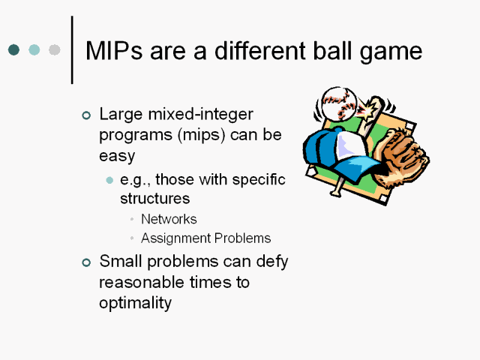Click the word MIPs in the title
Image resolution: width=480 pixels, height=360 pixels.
114,50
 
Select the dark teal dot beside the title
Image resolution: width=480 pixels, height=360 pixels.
13,49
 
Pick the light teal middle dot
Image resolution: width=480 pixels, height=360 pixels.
34,49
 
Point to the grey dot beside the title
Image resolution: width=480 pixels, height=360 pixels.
55,49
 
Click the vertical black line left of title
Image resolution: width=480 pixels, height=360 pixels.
72,50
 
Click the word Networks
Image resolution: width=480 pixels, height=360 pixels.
169,219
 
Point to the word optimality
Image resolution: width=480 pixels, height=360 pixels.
135,303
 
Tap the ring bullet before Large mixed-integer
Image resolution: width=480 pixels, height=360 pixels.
86,115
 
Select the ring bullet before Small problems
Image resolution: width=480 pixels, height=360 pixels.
86,262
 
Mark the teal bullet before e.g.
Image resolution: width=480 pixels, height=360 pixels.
109,180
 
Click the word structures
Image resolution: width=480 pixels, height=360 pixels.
155,198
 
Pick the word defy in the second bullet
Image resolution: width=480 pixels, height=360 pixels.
271,262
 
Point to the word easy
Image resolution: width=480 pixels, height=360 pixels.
117,156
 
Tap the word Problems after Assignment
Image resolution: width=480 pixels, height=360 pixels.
242,238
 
